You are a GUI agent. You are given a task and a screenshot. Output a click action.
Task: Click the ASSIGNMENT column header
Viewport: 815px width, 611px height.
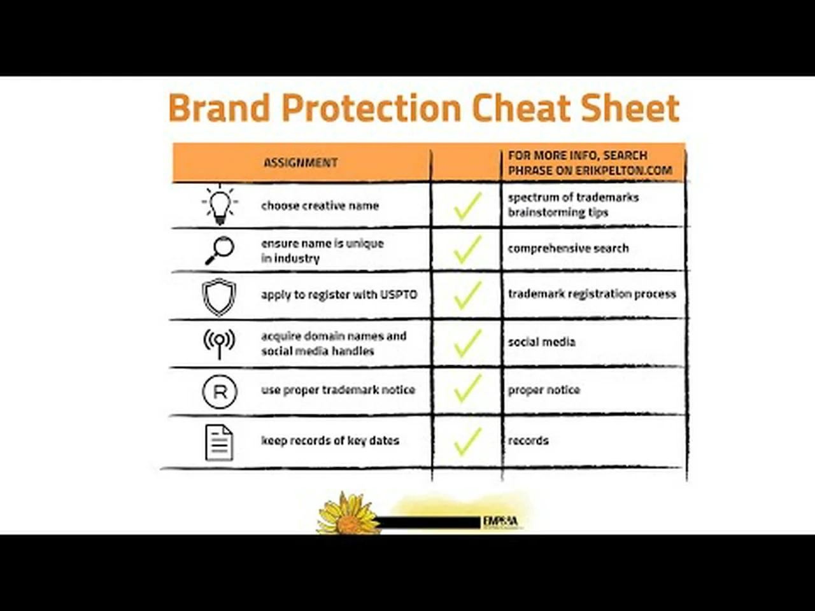(x=301, y=163)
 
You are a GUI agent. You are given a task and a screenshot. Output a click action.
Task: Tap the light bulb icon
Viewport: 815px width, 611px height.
(x=220, y=205)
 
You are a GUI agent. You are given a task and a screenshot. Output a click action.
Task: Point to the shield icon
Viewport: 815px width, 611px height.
(x=219, y=297)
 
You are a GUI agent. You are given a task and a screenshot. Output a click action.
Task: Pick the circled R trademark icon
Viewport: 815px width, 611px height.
(x=220, y=391)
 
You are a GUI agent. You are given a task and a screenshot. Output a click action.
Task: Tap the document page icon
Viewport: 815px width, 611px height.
(x=219, y=442)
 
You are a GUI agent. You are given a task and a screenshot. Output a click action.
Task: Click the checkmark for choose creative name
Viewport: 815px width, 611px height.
(x=468, y=206)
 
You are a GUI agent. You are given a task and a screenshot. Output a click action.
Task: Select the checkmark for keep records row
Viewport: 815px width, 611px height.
(x=468, y=441)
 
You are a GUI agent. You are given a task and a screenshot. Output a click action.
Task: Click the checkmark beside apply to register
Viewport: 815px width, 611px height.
(x=468, y=296)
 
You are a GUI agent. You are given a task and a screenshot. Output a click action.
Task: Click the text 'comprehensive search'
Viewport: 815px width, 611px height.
(x=568, y=248)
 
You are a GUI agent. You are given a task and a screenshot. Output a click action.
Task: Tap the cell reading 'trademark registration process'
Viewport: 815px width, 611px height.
(x=592, y=294)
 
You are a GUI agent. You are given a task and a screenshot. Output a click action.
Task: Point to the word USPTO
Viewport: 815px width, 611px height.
(x=399, y=295)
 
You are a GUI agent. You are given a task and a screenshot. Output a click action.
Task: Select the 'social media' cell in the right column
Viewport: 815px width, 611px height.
(x=541, y=342)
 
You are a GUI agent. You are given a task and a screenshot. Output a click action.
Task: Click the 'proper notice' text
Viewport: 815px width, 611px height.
(x=544, y=390)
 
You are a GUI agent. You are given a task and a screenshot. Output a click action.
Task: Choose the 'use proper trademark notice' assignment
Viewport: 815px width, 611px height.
(x=337, y=390)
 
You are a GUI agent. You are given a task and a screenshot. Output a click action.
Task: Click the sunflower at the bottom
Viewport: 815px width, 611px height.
(x=348, y=514)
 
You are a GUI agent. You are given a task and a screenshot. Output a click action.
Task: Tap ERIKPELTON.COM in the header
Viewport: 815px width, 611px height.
(x=624, y=171)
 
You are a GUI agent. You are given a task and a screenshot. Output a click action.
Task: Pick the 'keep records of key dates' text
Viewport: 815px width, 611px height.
(x=330, y=440)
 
